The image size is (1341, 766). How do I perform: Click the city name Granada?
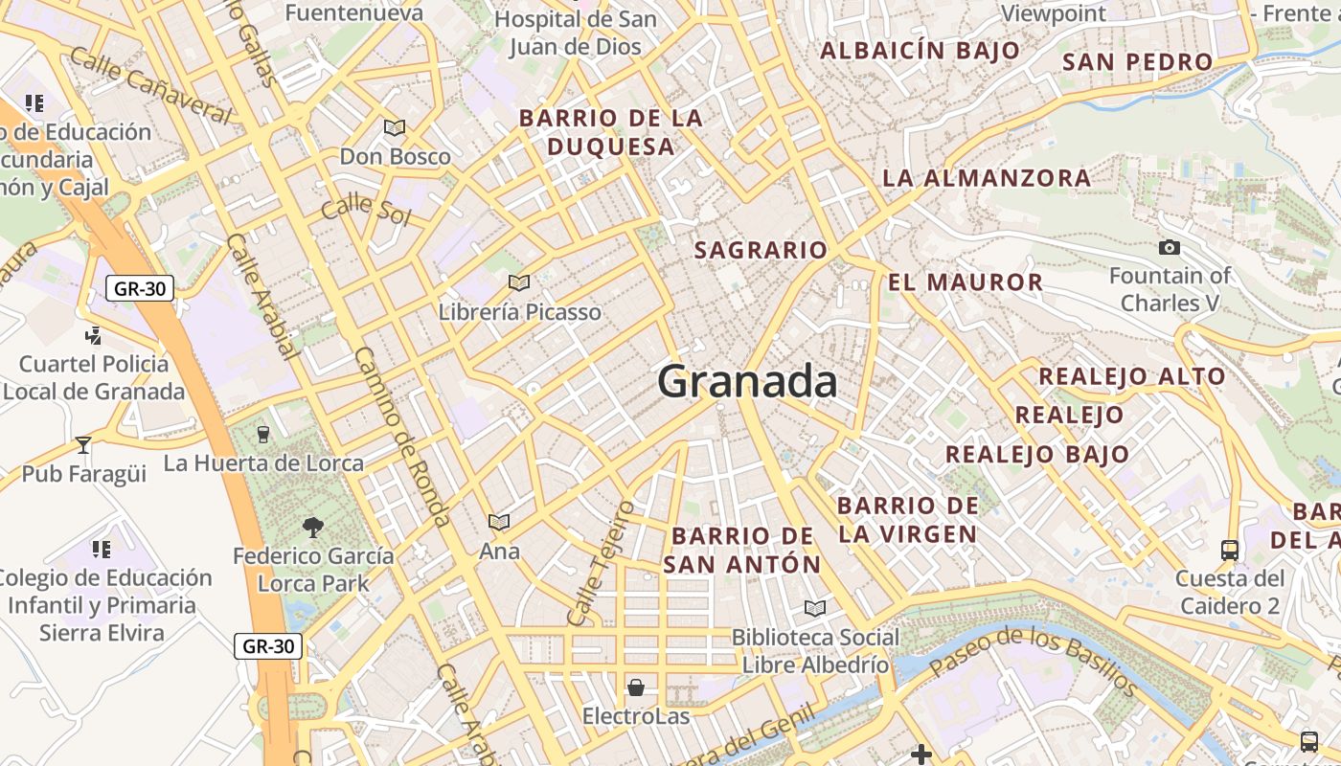click(747, 382)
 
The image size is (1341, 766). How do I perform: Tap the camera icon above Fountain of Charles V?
click(1169, 248)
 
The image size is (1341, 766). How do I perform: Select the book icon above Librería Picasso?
click(519, 282)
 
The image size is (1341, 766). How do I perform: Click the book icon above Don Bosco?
click(395, 127)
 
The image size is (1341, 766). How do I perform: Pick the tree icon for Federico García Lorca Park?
click(312, 527)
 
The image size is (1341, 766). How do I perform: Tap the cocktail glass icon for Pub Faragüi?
click(83, 444)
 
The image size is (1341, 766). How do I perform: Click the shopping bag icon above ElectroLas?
click(635, 687)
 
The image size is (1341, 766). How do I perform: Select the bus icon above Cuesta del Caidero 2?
click(1230, 550)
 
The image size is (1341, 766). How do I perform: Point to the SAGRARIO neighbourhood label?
click(761, 251)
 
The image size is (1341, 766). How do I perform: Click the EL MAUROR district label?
click(965, 282)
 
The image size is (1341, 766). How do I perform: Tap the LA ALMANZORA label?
click(987, 178)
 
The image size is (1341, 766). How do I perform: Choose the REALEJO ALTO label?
click(1132, 376)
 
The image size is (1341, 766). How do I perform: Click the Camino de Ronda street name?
click(401, 436)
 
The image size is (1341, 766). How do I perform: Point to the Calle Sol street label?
click(366, 211)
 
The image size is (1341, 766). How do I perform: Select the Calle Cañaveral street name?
click(150, 86)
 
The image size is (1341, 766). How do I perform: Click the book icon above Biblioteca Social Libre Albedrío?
click(815, 608)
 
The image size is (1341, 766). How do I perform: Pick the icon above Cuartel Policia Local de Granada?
click(93, 335)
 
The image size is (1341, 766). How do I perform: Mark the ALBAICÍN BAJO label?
click(921, 51)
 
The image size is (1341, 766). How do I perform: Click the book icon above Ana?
click(498, 522)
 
